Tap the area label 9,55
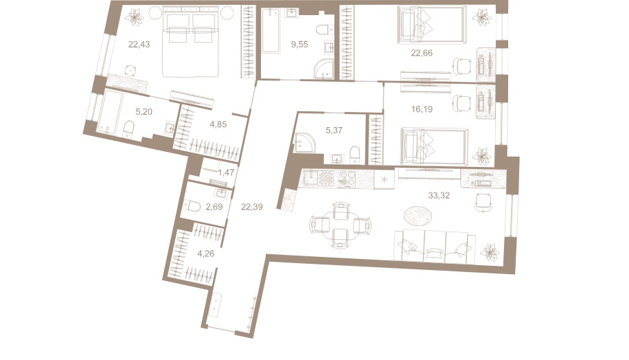click(300, 45)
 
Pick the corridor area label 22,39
click(252, 204)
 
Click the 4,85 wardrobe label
click(220, 124)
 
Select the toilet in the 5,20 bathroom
click(128, 129)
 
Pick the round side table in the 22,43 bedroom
click(130, 69)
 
